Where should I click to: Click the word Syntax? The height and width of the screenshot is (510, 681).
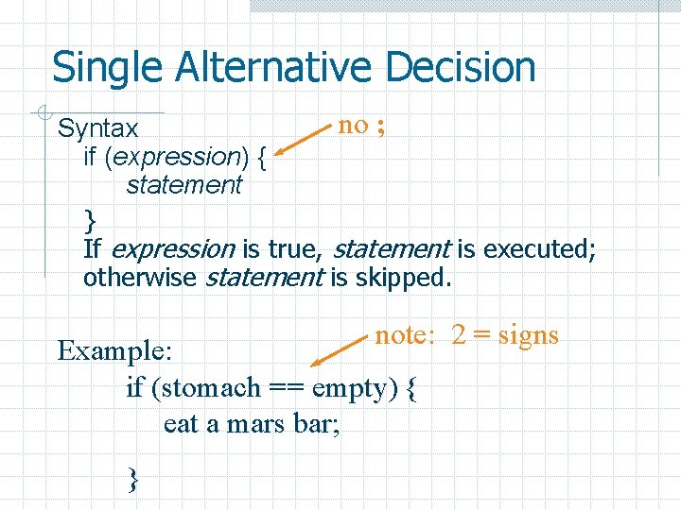pos(98,128)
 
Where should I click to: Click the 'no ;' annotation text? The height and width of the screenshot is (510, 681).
pos(361,125)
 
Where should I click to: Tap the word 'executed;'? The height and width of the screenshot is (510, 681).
pos(538,249)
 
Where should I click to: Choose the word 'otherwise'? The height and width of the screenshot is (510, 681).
pos(141,279)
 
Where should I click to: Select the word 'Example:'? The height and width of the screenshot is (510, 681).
pos(114,350)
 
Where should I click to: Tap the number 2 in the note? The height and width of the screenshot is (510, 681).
pos(459,335)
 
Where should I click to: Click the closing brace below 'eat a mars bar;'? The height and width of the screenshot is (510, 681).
pos(133,480)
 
